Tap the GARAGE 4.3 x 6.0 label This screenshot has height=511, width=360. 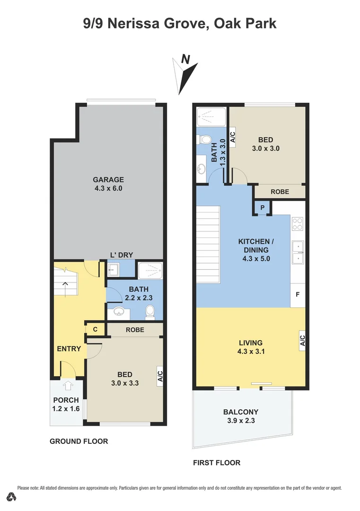point(108,184)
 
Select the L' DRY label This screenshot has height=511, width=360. point(122,255)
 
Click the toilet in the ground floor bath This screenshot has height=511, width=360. point(150,311)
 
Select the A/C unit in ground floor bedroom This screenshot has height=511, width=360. point(160,375)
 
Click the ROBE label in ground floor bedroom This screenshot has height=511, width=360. point(135,329)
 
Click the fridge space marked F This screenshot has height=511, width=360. point(298,294)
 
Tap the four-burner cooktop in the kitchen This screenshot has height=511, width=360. point(298,223)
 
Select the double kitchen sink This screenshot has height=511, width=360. point(298,252)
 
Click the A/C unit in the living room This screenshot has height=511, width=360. point(302,340)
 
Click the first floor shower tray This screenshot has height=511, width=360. point(211,116)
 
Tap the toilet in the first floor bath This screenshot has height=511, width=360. point(205,140)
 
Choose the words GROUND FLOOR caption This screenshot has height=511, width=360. point(79,441)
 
